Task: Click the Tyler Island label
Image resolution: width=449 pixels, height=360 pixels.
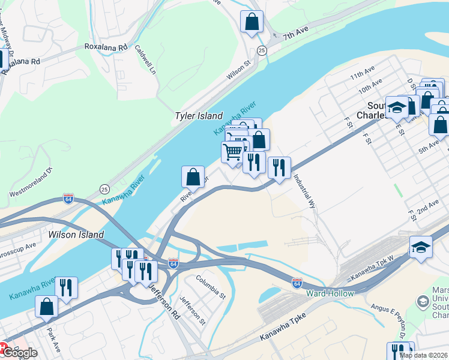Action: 199,116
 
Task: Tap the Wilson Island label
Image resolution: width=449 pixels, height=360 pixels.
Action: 76,235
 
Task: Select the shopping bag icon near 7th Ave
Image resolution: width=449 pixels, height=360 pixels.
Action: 252,22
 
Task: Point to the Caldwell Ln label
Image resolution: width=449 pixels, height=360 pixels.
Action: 145,59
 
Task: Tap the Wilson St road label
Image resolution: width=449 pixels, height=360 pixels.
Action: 238,71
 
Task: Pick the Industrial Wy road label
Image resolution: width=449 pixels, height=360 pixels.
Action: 304,191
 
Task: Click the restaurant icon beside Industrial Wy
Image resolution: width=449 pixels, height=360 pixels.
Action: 279,167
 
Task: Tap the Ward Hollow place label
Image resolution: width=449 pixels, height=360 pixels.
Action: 330,293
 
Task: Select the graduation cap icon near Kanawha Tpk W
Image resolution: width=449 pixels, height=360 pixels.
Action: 421,247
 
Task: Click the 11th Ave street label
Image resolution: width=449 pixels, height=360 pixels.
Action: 362,76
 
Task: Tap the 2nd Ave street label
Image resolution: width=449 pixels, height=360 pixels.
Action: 428,208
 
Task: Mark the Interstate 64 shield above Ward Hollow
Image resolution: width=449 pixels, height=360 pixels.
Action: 297,281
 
